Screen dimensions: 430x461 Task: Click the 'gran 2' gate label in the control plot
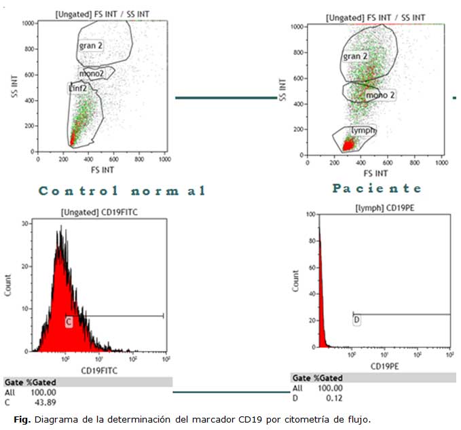[91, 46]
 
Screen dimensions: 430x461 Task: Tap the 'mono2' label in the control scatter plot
[92, 72]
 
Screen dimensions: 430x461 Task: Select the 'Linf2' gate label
[78, 88]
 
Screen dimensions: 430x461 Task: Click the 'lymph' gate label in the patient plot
[363, 130]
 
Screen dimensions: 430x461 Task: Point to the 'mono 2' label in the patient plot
[380, 95]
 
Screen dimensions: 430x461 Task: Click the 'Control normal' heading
[122, 191]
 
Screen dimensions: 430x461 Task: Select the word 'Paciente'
[377, 188]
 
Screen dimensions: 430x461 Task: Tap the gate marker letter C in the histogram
[69, 322]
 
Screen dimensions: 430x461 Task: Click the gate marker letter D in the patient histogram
[356, 319]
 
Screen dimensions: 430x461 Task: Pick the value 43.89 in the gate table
[45, 401]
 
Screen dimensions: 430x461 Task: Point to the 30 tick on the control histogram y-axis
[25, 223]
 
